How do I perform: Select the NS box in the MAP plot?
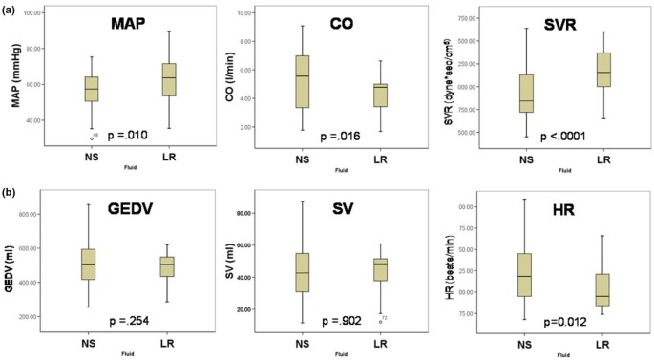[92, 89]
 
